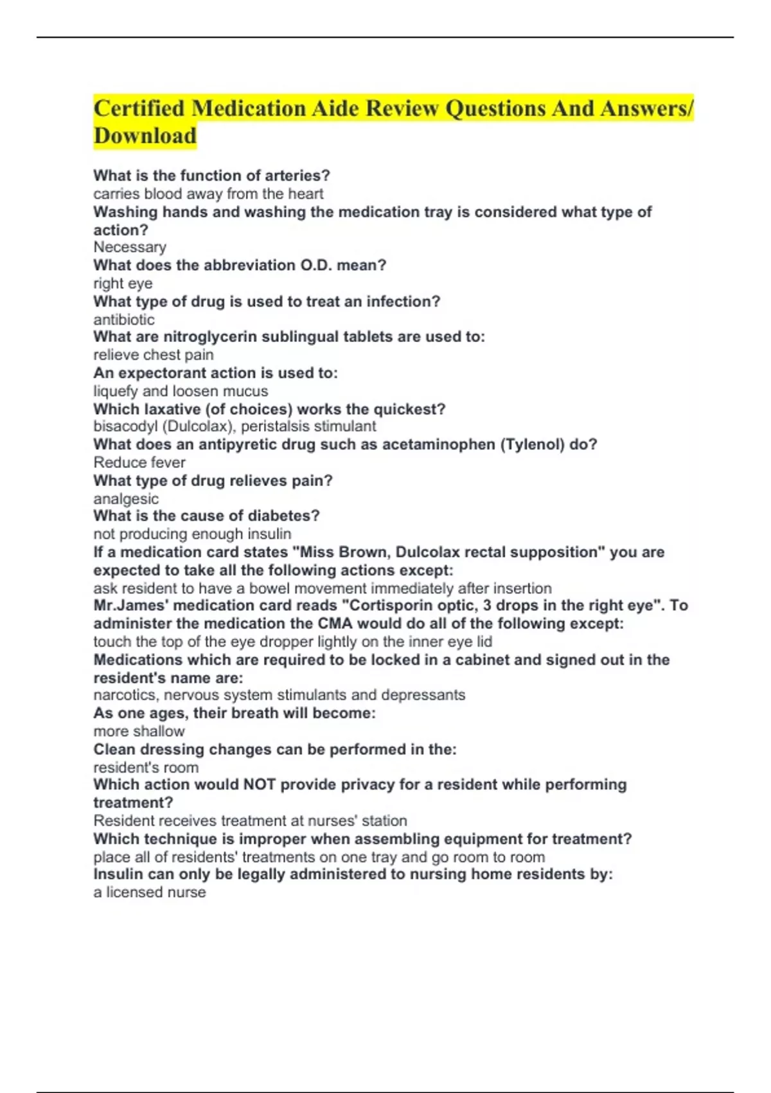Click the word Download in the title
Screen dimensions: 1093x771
pyautogui.click(x=145, y=136)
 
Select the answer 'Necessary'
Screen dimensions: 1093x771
pyautogui.click(x=130, y=247)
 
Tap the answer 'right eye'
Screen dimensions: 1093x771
pyautogui.click(x=123, y=283)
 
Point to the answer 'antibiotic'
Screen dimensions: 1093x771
pyautogui.click(x=124, y=320)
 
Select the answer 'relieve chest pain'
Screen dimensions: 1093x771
pyautogui.click(x=154, y=355)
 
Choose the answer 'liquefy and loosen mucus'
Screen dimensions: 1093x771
pyautogui.click(x=181, y=391)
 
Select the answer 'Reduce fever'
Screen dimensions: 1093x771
pyautogui.click(x=139, y=462)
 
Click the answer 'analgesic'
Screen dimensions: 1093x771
pyautogui.click(x=126, y=499)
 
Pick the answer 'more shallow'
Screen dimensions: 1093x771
pyautogui.click(x=139, y=731)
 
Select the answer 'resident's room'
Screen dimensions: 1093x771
pyautogui.click(x=146, y=767)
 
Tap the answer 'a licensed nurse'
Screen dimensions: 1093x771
pyautogui.click(x=150, y=892)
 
